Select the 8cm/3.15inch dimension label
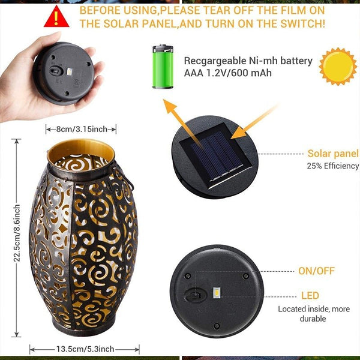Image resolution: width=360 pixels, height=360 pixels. click(81, 129)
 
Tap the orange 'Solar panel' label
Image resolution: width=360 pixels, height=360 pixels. click(333, 154)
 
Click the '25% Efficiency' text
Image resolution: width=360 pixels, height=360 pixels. click(332, 166)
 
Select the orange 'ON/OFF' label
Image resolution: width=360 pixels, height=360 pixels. click(316, 271)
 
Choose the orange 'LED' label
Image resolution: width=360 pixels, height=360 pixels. click(310, 296)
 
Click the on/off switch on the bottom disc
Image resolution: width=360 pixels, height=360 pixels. click(194, 294)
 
